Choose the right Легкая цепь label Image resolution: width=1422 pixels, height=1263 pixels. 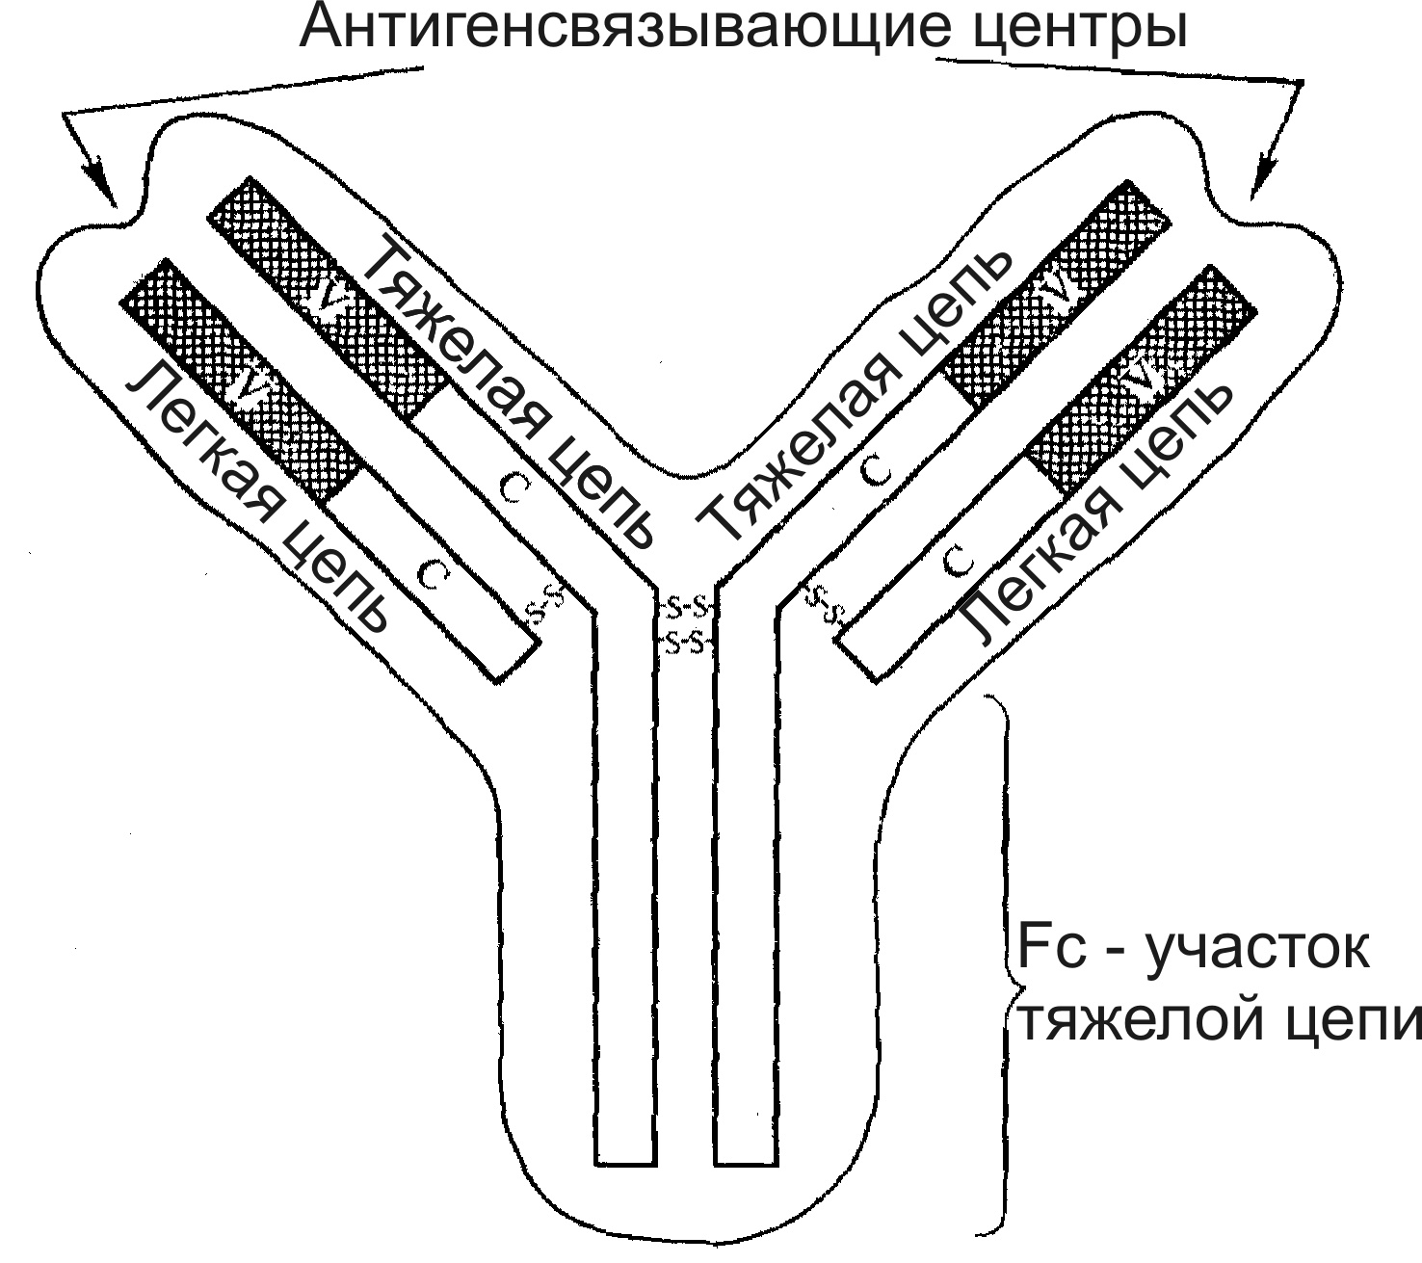tap(1098, 511)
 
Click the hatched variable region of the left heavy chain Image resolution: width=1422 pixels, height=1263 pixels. tap(328, 299)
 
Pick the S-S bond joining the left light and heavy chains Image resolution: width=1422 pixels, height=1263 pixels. tap(547, 604)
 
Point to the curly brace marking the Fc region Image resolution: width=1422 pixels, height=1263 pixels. tap(1002, 963)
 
